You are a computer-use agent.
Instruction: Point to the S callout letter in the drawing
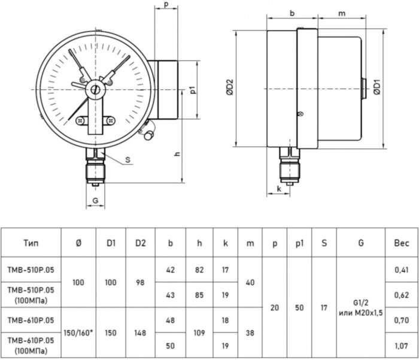129,159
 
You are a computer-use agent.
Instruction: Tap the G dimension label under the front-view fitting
96,201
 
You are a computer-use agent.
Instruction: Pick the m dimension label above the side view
342,13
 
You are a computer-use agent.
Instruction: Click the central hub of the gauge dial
95,89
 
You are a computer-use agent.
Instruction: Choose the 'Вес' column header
400,243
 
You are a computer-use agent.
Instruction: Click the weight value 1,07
400,345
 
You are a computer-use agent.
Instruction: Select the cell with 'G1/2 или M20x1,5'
362,307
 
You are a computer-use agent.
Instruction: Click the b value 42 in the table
171,270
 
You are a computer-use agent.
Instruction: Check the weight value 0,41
400,270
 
